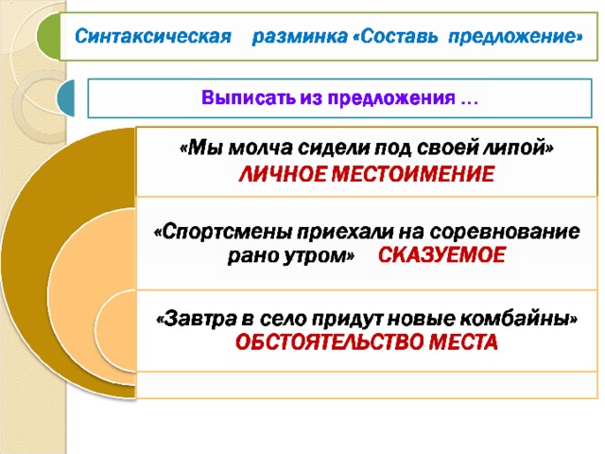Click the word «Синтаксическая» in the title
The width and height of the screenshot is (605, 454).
point(153,36)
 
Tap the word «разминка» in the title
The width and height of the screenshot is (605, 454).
point(300,37)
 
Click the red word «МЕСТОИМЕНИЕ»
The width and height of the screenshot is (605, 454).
point(413,174)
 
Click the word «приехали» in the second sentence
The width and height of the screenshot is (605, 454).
point(345,232)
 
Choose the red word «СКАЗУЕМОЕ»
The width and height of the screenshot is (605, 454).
point(441,255)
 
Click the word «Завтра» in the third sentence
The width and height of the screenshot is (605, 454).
point(197,319)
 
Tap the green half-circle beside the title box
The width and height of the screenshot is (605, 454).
point(48,36)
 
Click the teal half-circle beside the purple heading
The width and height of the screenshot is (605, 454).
point(65,97)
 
